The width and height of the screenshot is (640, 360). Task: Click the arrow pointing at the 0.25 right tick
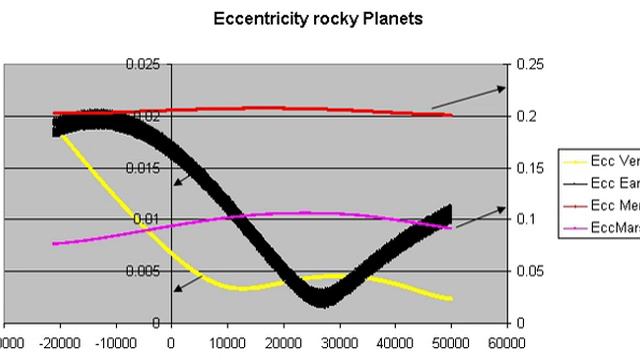[x=469, y=98]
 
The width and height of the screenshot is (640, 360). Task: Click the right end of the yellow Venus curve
[x=451, y=299]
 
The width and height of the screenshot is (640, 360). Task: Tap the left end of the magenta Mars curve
[x=54, y=243]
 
